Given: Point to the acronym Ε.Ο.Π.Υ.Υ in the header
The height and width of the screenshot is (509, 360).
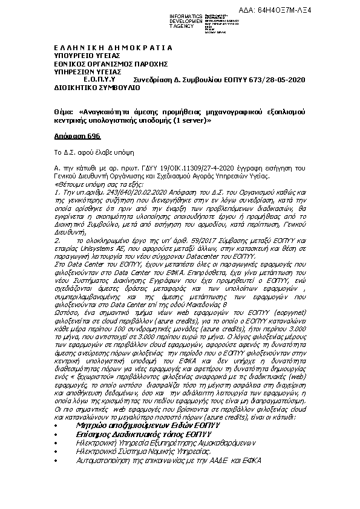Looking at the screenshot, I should [99, 79].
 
